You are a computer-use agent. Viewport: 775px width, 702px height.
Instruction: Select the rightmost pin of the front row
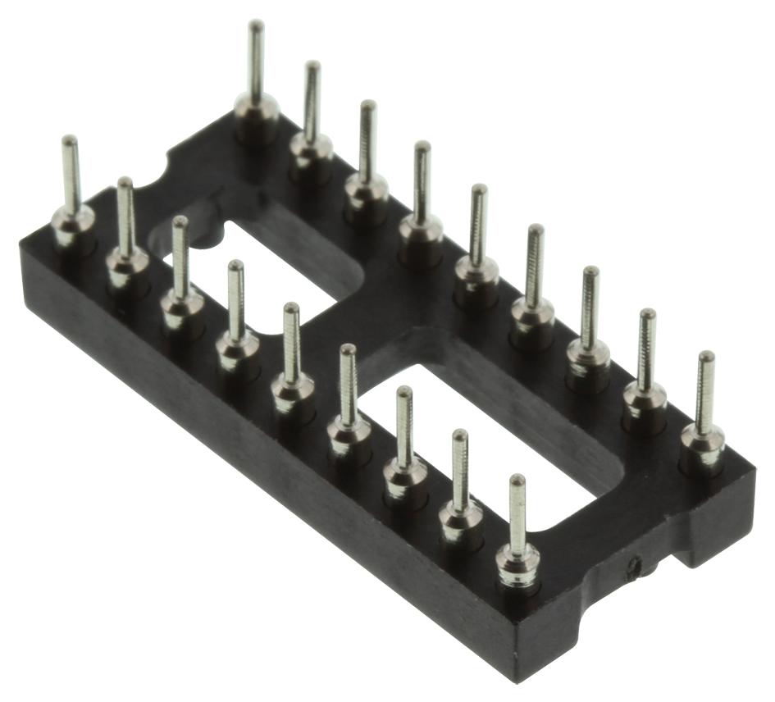tap(517, 525)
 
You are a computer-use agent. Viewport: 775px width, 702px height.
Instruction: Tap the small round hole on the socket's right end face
tap(633, 565)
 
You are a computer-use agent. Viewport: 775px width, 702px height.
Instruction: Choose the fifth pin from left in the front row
tap(292, 353)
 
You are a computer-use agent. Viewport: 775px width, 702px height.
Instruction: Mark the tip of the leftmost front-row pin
tap(70, 140)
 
